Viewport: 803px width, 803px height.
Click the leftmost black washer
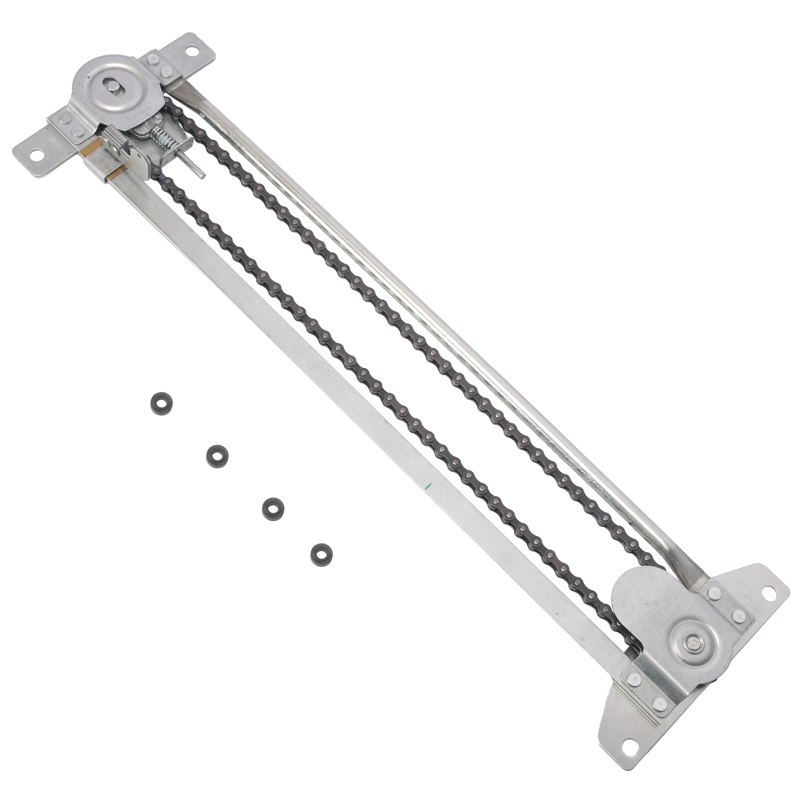pyautogui.click(x=160, y=402)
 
